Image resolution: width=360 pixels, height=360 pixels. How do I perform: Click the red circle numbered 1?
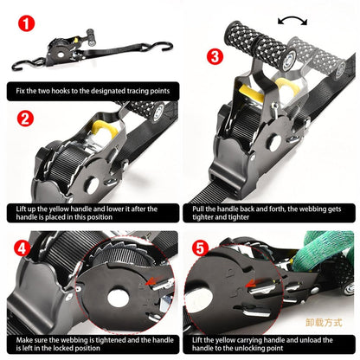[x=28, y=22]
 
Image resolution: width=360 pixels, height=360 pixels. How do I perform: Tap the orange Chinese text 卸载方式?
[x=325, y=320]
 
